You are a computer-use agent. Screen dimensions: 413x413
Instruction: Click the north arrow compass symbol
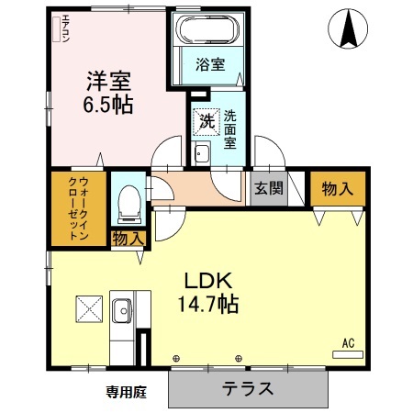pyautogui.click(x=350, y=29)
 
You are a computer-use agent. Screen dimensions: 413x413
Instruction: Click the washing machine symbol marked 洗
pyautogui.click(x=206, y=119)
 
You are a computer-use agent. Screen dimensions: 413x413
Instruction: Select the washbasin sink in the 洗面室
pyautogui.click(x=202, y=154)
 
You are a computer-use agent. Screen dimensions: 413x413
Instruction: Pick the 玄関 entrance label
pyautogui.click(x=269, y=189)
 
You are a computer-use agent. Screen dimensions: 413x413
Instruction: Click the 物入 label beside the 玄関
pyautogui.click(x=337, y=189)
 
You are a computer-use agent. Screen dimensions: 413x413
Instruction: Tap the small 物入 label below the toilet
pyautogui.click(x=129, y=238)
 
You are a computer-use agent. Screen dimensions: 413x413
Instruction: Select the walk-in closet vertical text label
pyautogui.click(x=78, y=207)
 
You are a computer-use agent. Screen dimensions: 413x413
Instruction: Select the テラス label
pyautogui.click(x=248, y=388)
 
